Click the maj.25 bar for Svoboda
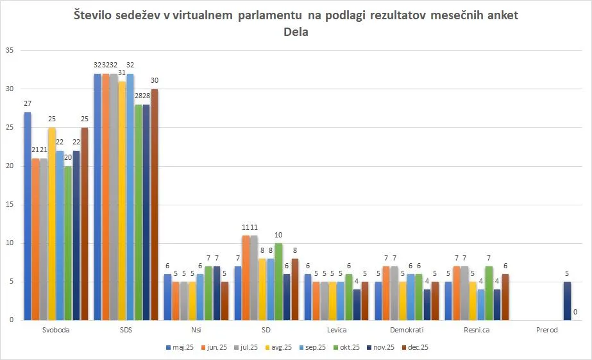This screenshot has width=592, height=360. coord(28,216)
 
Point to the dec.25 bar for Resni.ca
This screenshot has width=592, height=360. coord(505,296)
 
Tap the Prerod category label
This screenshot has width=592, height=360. coord(546,330)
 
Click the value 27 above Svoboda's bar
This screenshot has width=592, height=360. coord(28,105)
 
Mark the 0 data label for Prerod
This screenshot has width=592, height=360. coord(575,313)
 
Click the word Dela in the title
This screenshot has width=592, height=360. coord(296,32)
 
